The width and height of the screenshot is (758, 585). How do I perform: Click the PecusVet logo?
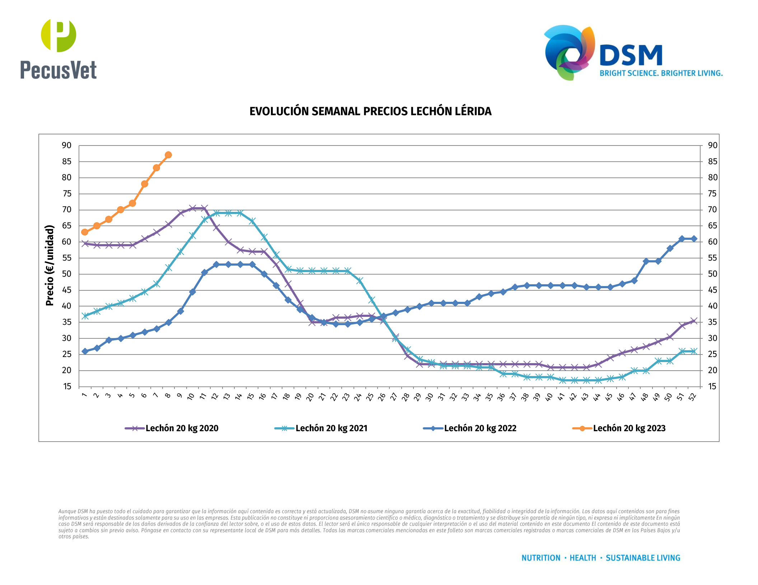point(59,49)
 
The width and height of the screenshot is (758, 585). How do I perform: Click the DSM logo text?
point(631,56)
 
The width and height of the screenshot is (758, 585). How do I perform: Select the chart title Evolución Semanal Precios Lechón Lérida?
point(370,111)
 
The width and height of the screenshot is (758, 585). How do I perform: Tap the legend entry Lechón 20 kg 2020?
point(182,428)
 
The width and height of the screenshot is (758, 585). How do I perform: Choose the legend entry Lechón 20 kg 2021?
point(331,428)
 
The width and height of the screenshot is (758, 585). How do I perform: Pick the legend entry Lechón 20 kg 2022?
point(480,428)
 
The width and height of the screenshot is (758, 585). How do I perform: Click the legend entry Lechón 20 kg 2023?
point(629,428)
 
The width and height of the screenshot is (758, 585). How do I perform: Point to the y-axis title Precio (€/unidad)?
point(50,265)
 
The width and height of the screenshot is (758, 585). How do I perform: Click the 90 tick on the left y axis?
point(67,146)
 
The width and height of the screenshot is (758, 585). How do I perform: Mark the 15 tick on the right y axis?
point(712,386)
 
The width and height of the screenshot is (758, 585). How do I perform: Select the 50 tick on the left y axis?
point(67,274)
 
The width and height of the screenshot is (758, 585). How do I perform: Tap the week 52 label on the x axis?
point(693,396)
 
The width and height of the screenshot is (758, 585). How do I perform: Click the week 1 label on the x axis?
point(85,395)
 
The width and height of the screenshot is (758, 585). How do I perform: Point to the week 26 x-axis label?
point(382,396)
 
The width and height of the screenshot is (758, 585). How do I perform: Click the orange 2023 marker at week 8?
point(168,155)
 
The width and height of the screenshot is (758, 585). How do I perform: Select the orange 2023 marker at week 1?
point(85,232)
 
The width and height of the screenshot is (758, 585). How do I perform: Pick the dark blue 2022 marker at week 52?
point(694,239)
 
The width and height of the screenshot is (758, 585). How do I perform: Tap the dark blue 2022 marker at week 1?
point(85,351)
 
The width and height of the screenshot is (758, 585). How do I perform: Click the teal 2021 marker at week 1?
point(85,316)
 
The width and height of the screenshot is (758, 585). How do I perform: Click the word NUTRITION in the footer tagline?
point(541,558)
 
